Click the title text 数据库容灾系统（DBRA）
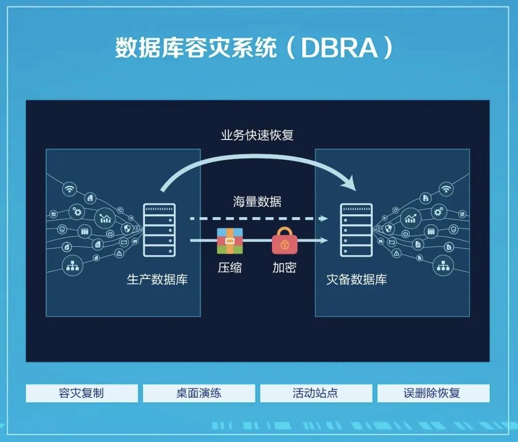click(254, 48)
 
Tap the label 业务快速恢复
click(257, 135)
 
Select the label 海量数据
click(257, 201)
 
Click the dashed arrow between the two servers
click(259, 219)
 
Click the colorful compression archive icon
click(230, 241)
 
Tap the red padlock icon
click(284, 241)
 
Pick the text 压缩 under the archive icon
click(230, 268)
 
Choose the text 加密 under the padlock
click(284, 268)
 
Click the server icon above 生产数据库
click(159, 230)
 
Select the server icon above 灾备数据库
click(356, 230)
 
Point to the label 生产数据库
click(157, 279)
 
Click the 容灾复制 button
click(82, 394)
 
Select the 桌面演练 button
click(199, 394)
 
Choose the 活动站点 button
click(316, 394)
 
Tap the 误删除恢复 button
click(433, 394)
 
